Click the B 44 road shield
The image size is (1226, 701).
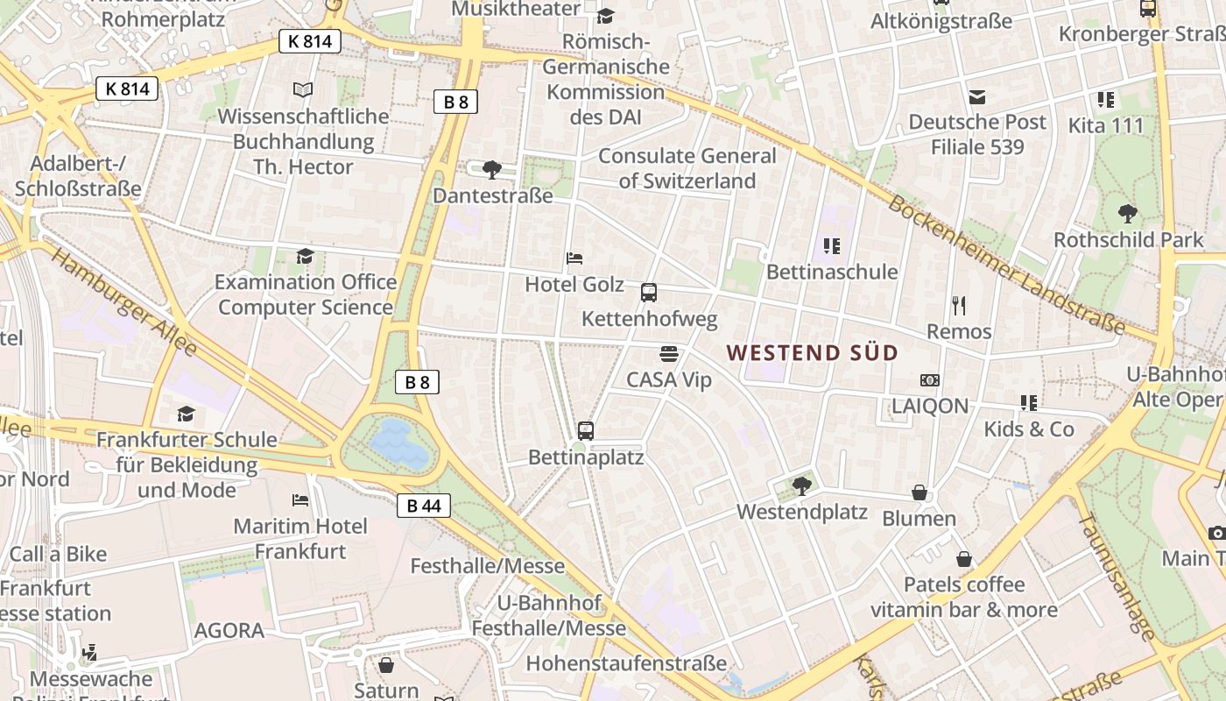(424, 506)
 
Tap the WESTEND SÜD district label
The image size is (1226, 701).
(813, 353)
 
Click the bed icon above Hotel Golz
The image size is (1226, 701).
(574, 258)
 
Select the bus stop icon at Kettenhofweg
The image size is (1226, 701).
(649, 293)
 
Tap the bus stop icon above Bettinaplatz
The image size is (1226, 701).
(586, 431)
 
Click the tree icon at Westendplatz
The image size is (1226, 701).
(800, 485)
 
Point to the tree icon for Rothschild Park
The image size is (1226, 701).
(1128, 213)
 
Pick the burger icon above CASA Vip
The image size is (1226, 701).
(669, 354)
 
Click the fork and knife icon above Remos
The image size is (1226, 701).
(959, 306)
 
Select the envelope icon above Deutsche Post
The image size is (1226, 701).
(976, 96)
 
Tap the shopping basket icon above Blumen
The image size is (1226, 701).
(919, 492)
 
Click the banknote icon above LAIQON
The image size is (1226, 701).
(930, 380)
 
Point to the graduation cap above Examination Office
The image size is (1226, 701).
(305, 256)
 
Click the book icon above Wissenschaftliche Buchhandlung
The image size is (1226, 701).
(303, 89)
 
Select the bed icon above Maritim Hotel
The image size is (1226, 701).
(300, 500)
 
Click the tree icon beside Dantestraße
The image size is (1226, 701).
(492, 169)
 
